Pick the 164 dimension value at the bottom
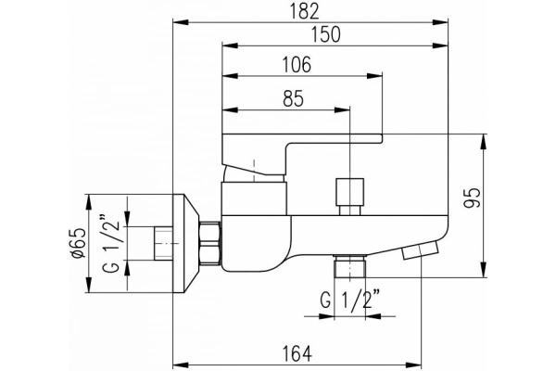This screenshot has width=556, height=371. (x=298, y=352)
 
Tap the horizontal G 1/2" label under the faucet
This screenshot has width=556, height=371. (x=350, y=301)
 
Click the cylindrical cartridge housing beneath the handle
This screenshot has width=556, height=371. (x=255, y=198)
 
